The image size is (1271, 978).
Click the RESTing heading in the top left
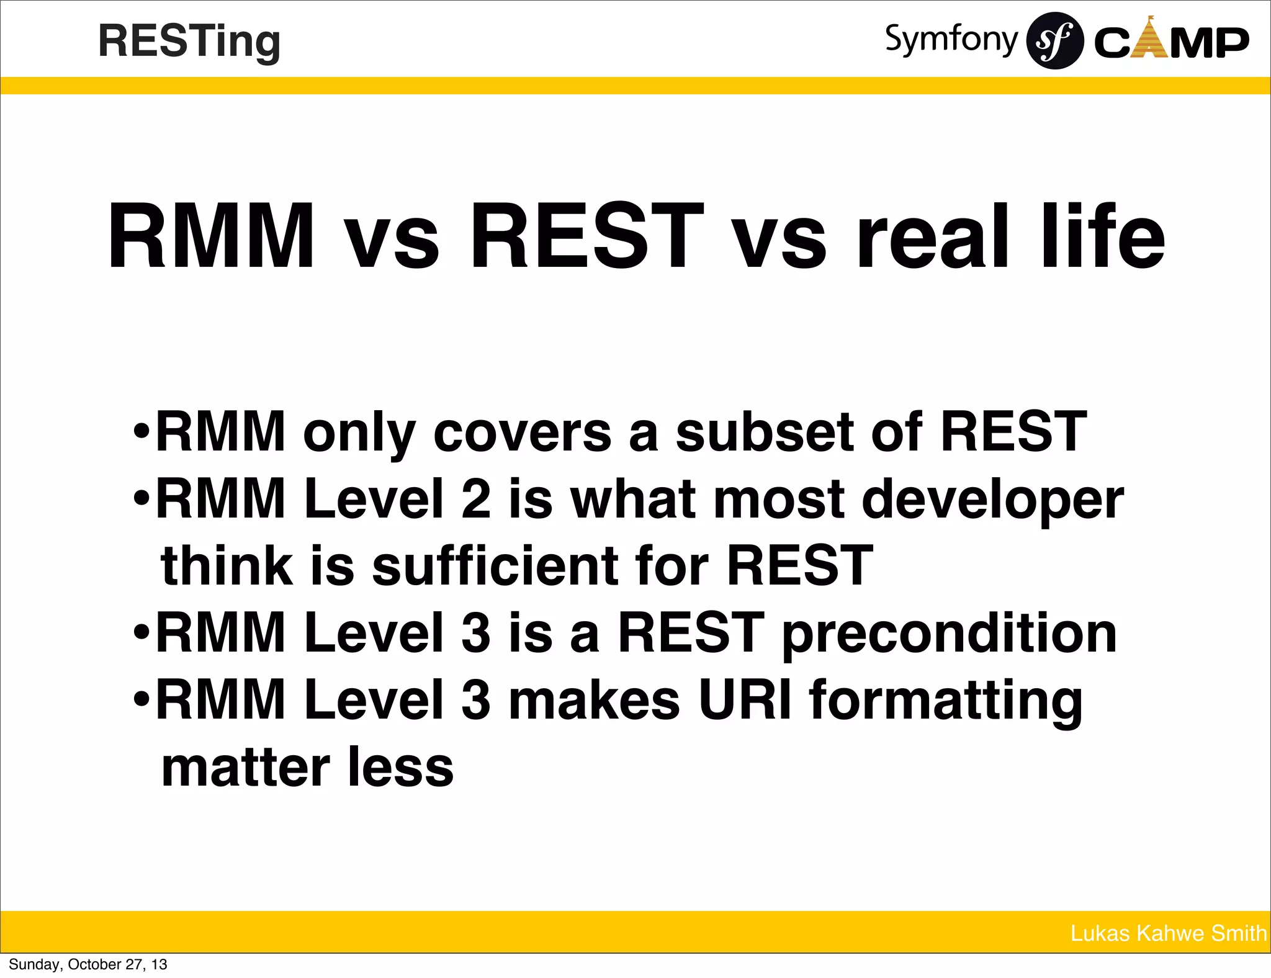189,41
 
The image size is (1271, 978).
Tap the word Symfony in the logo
951,40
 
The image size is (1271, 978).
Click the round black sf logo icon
1055,41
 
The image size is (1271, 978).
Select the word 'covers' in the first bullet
522,432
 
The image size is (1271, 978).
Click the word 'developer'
992,500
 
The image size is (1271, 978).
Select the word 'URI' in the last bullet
745,700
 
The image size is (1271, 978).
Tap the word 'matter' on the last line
246,768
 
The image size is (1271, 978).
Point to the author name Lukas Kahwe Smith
1168,933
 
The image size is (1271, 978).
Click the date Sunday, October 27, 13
88,964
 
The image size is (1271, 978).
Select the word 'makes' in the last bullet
594,700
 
